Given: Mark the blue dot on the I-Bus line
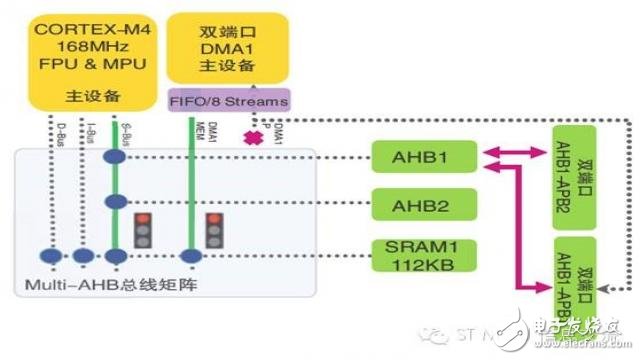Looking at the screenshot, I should tap(85, 256).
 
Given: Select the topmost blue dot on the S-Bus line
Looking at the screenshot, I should tap(117, 157).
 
